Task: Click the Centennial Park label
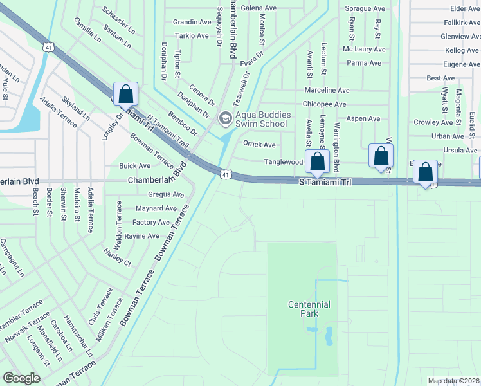pyautogui.click(x=309, y=309)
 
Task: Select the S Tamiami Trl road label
pyautogui.click(x=326, y=183)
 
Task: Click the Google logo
pyautogui.click(x=21, y=378)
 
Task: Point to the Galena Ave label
pyautogui.click(x=259, y=8)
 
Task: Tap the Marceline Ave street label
pyautogui.click(x=327, y=91)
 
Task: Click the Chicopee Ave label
pyautogui.click(x=325, y=104)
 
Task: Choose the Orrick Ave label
pyautogui.click(x=259, y=145)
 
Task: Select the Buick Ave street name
pyautogui.click(x=134, y=165)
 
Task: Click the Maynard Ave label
pyautogui.click(x=156, y=208)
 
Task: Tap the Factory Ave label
pyautogui.click(x=151, y=222)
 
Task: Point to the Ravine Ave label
pyautogui.click(x=141, y=236)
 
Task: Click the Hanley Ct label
pyautogui.click(x=116, y=263)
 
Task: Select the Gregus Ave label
pyautogui.click(x=166, y=194)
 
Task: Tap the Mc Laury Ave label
pyautogui.click(x=363, y=49)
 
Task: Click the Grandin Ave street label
pyautogui.click(x=192, y=22)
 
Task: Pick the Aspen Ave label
pyautogui.click(x=363, y=118)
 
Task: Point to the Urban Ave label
pyautogui.click(x=448, y=136)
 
